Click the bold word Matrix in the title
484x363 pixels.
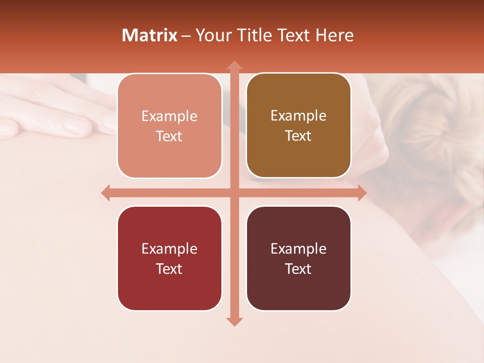pyautogui.click(x=150, y=35)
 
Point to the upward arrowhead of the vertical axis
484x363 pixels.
pyautogui.click(x=234, y=66)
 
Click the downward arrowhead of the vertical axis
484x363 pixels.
pyautogui.click(x=234, y=321)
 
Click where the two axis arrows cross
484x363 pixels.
pyautogui.click(x=234, y=193)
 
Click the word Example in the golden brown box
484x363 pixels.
pyautogui.click(x=298, y=115)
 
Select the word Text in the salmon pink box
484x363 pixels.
pyautogui.click(x=169, y=137)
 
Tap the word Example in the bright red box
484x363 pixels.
pyautogui.click(x=169, y=249)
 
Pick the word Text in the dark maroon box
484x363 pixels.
pyautogui.click(x=298, y=269)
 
